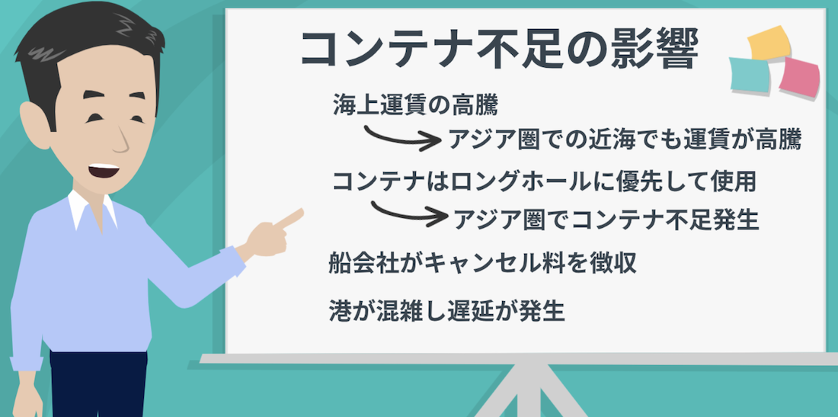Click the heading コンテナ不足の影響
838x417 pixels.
(499, 51)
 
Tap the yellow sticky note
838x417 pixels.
(769, 43)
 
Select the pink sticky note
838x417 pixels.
(799, 78)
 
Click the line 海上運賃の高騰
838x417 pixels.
(414, 105)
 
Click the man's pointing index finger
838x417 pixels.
(289, 218)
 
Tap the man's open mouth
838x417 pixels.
(103, 171)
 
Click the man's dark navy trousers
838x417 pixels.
(98, 384)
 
